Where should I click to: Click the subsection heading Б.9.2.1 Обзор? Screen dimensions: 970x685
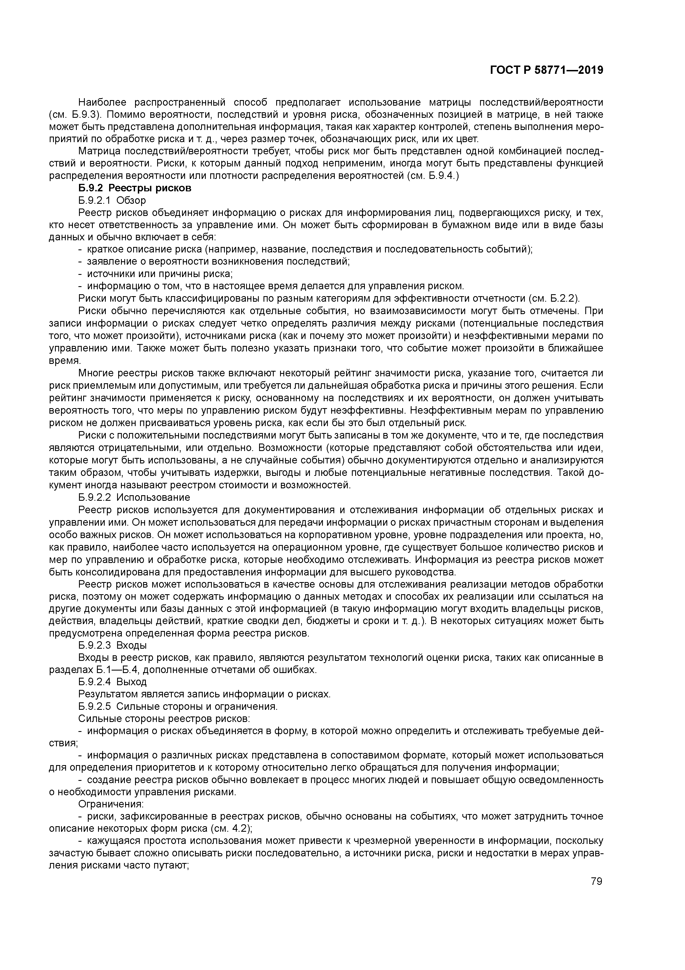click(112, 200)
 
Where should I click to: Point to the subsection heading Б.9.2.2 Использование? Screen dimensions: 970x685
click(134, 497)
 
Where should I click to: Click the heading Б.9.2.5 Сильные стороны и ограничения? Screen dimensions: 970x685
click(178, 707)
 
